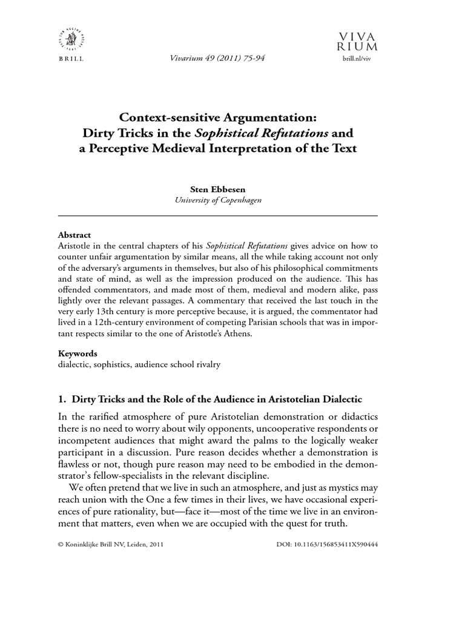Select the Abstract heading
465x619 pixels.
pos(74,235)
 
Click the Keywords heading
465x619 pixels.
pos(77,353)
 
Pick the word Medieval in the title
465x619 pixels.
pos(201,148)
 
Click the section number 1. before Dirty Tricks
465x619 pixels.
pos(62,400)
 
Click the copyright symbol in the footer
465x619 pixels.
pos(61,545)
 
